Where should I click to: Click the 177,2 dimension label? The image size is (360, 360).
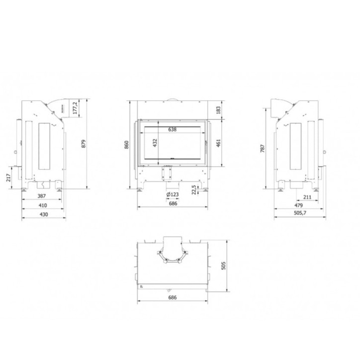pos(76,107)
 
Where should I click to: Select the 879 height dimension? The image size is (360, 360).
pos(84,144)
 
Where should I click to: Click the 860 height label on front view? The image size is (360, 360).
pos(127,144)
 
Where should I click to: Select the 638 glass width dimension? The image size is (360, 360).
pos(172,129)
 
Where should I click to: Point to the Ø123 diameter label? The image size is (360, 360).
pos(173,194)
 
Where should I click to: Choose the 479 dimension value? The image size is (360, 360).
pos(298,205)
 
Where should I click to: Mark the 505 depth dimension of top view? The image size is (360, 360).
pos(222,265)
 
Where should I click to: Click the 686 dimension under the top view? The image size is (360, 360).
pos(173,297)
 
